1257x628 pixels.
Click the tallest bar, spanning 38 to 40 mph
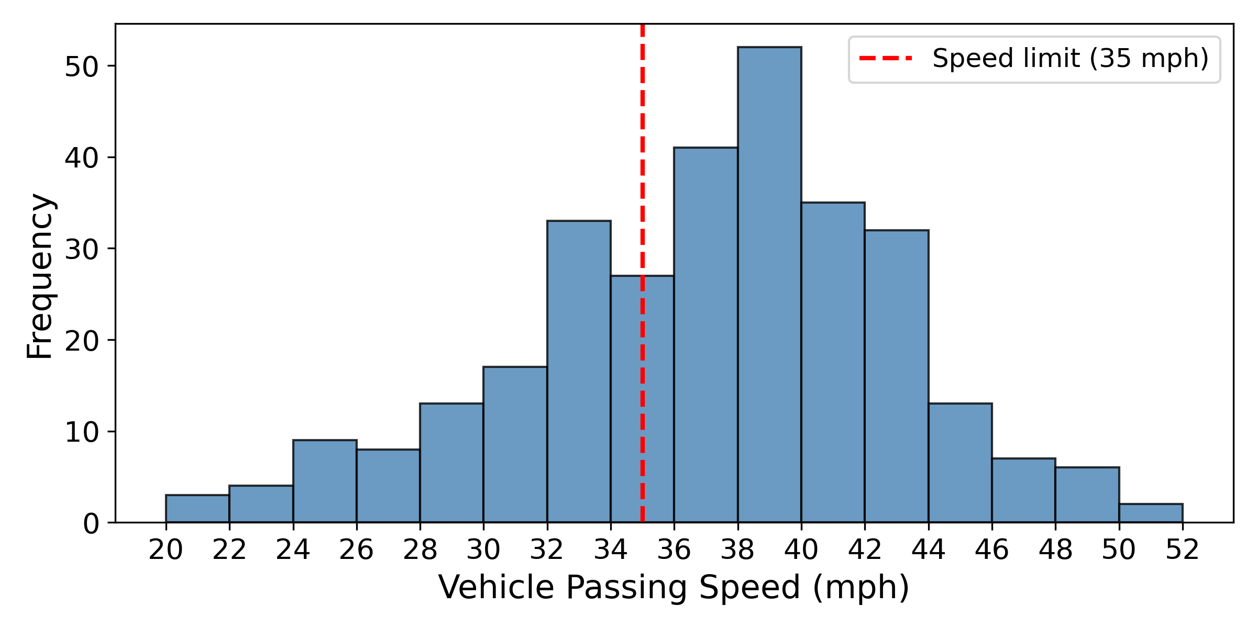click(769, 285)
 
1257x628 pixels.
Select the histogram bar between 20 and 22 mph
click(197, 509)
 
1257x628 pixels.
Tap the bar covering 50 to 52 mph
click(1151, 513)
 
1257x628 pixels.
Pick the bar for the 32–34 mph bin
click(579, 372)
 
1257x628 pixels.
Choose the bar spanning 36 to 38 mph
click(705, 335)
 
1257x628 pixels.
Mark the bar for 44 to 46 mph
click(960, 463)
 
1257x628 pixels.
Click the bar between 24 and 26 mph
click(325, 481)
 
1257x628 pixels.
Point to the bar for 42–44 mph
click(897, 376)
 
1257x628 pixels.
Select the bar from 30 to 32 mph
click(515, 445)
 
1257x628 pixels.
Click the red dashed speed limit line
click(642, 157)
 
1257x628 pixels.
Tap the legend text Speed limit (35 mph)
click(1071, 59)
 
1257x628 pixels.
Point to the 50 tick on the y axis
click(81, 66)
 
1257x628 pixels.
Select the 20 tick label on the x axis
click(166, 550)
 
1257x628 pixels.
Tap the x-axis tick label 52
click(1183, 550)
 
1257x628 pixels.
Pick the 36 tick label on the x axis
click(674, 550)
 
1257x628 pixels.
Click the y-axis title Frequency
click(40, 276)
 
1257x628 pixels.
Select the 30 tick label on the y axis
click(81, 250)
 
